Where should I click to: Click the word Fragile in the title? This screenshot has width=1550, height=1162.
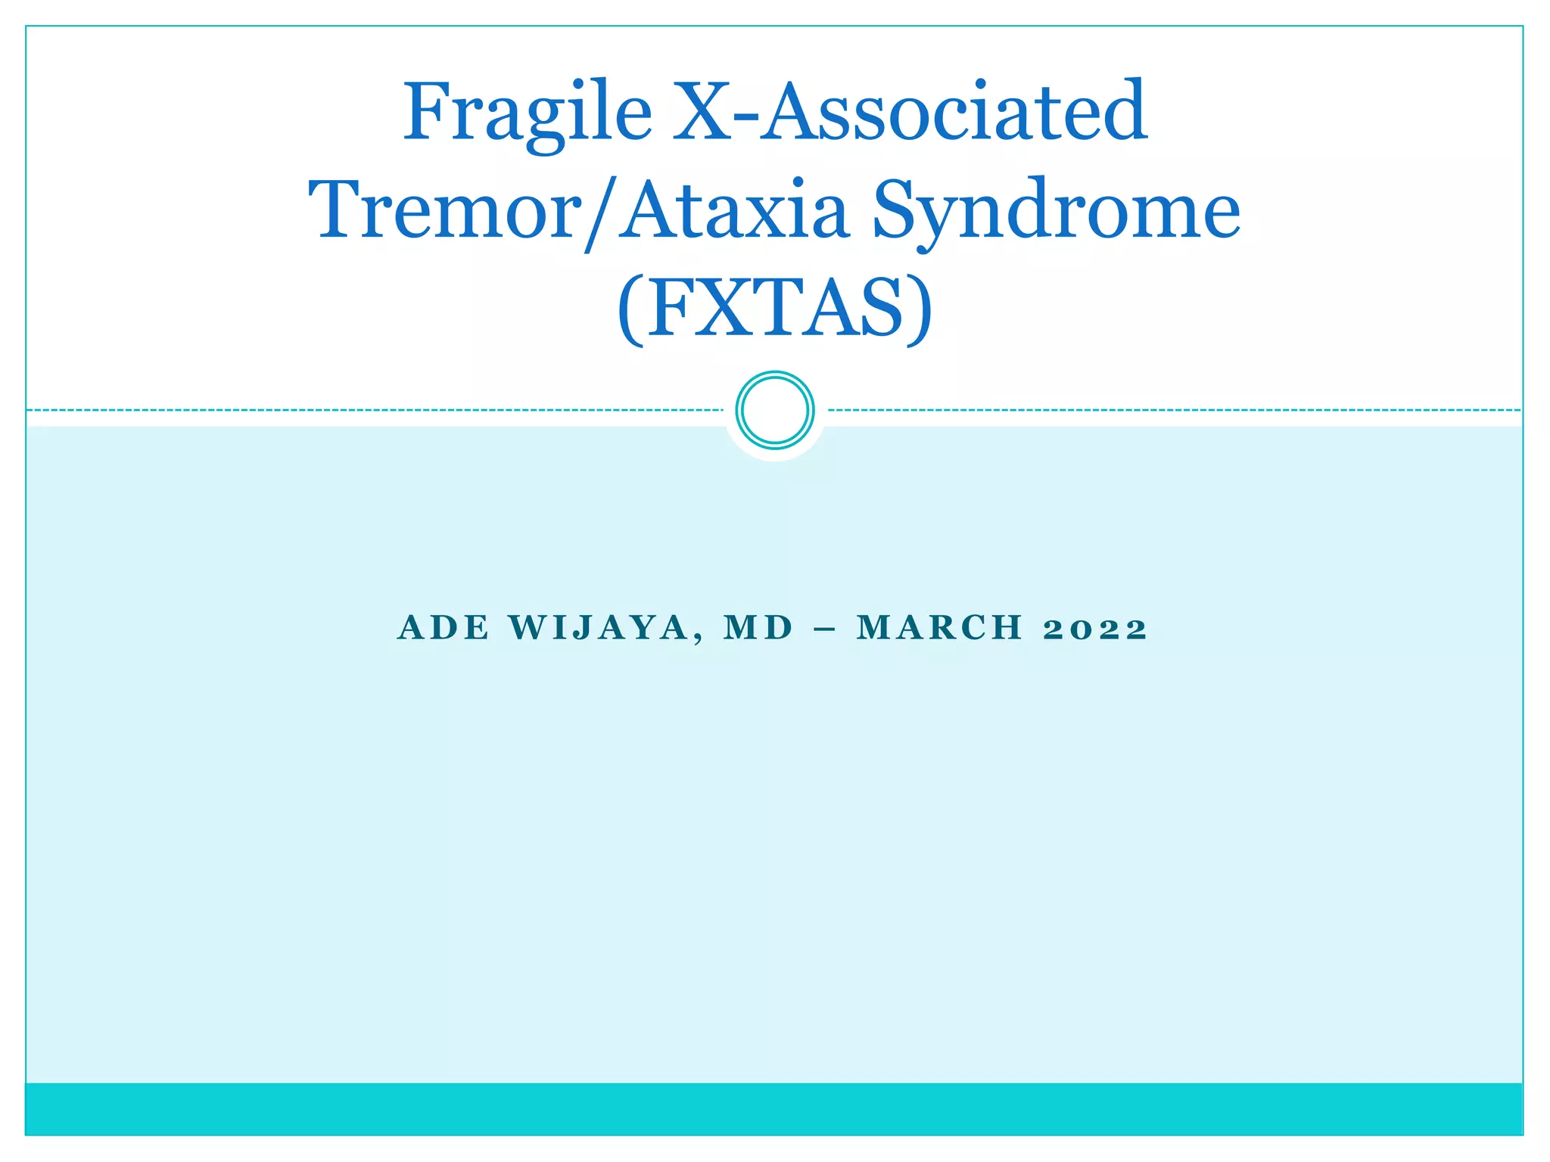pos(527,113)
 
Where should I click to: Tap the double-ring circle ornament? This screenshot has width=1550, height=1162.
pos(774,410)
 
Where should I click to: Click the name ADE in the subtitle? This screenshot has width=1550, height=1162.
pos(444,628)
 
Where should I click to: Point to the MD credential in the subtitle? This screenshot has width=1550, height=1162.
pos(758,628)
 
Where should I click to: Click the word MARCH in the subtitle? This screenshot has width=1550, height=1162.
pos(940,628)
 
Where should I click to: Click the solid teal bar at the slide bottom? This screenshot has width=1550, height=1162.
pos(774,1108)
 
